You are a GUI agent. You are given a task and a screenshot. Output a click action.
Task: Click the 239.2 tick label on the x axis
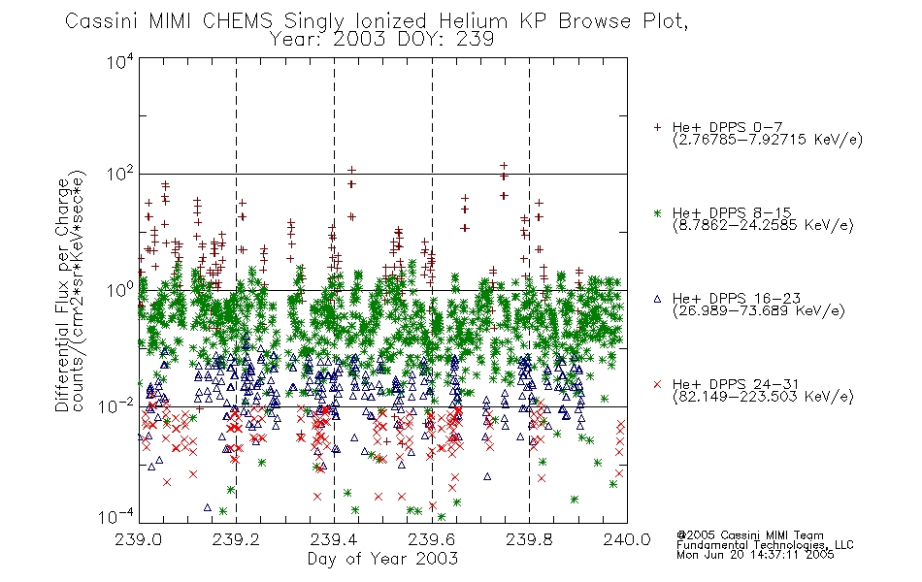click(236, 539)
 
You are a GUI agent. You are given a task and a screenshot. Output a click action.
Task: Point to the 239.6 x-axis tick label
click(432, 539)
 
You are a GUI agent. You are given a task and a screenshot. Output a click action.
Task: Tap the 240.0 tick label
click(627, 539)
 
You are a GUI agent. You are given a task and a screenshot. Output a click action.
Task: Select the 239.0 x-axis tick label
click(138, 539)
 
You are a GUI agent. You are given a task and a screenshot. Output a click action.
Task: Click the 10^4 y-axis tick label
click(120, 61)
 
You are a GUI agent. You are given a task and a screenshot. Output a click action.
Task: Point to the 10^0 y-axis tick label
click(120, 289)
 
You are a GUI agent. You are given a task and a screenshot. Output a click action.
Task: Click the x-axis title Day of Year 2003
click(382, 559)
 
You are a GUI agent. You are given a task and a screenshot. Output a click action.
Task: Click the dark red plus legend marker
click(657, 127)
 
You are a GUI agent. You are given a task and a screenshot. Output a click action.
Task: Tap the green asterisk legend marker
click(657, 212)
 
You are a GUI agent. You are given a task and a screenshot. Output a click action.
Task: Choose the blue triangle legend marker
click(657, 299)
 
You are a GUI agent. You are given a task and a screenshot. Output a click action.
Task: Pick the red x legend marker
click(657, 384)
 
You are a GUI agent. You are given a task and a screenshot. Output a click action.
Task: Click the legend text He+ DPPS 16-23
click(737, 299)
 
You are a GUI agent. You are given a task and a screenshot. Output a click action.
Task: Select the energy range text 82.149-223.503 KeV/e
click(763, 397)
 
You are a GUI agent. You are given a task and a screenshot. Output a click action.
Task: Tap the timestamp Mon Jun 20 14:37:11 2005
click(755, 555)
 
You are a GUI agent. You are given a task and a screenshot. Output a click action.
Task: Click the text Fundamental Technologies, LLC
click(765, 545)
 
